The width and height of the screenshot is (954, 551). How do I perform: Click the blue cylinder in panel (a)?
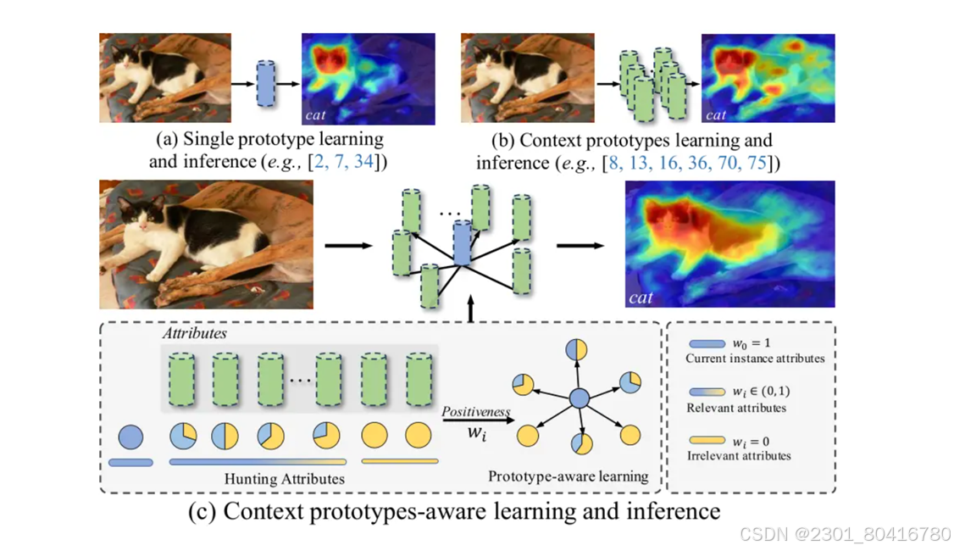pos(266,83)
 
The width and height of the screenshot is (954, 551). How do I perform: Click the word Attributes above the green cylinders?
pos(195,333)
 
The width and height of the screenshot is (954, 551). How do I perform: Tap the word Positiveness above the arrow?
pos(476,411)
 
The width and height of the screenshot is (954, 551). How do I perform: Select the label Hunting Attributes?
pos(284,479)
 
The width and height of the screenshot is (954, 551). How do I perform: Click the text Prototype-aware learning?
pos(568,476)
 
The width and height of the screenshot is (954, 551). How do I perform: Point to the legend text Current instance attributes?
pos(755,359)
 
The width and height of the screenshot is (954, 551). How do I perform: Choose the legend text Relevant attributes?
pos(735,408)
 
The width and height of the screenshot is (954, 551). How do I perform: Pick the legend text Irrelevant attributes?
pos(738,455)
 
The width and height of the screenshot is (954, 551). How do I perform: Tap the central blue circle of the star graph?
pos(579,398)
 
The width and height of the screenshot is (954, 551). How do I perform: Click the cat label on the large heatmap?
pos(641,298)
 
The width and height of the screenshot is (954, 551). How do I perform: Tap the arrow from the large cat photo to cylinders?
pos(348,246)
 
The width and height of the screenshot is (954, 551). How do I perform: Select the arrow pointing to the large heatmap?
pos(580,246)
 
